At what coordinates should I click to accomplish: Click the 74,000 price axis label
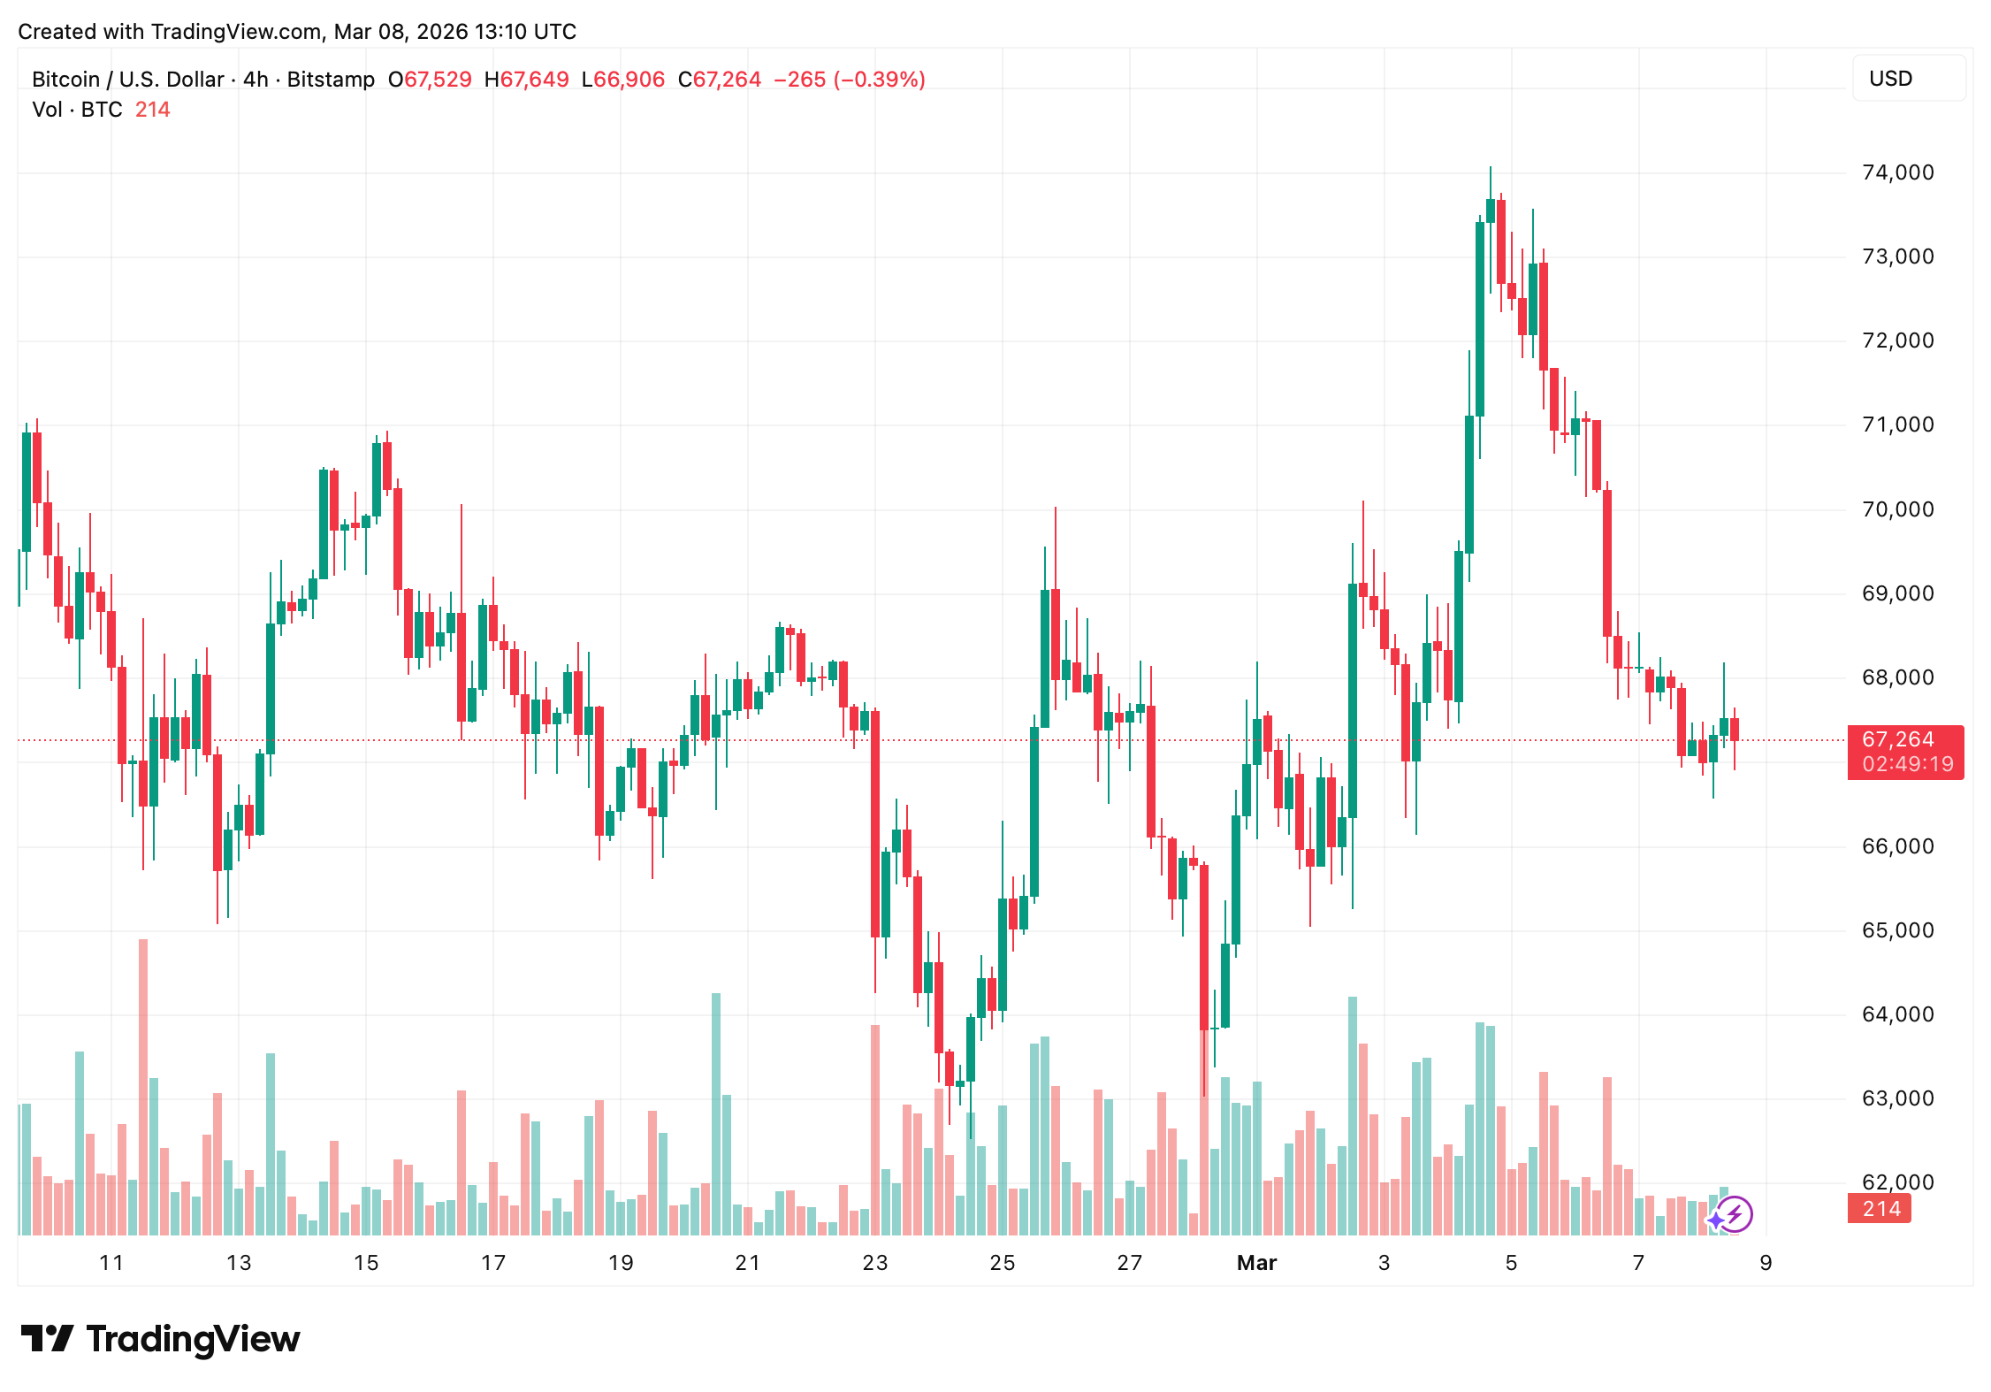(x=1897, y=172)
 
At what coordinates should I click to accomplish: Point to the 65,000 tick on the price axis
(x=1897, y=930)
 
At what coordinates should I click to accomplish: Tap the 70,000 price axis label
(x=1897, y=509)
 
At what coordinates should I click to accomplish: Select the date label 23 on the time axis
(x=874, y=1263)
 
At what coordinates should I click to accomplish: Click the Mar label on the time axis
(x=1256, y=1263)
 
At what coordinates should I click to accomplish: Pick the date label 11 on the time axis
(x=111, y=1263)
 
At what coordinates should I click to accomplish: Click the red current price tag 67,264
(x=1897, y=739)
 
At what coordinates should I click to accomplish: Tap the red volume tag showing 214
(x=1880, y=1209)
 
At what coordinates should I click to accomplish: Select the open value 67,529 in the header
(x=438, y=80)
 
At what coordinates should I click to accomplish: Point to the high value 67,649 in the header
(x=535, y=80)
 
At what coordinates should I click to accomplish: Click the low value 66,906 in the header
(x=629, y=80)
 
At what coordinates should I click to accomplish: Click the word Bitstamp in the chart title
(x=331, y=80)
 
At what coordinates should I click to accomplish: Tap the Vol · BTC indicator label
(x=77, y=110)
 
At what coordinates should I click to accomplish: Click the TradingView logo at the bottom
(x=161, y=1339)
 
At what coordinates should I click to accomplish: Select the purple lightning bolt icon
(x=1735, y=1214)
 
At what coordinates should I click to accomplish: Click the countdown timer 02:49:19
(x=1907, y=764)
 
